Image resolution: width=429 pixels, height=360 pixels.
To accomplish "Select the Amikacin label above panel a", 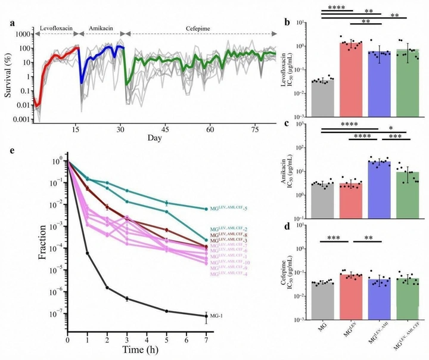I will pyautogui.click(x=101, y=27).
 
